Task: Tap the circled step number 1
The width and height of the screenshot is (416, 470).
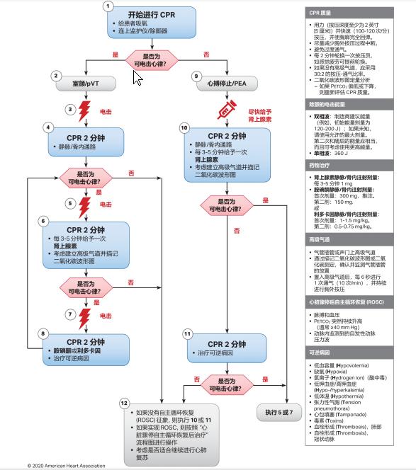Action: [x=108, y=6]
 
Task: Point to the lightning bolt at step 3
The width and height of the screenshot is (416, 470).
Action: [x=85, y=110]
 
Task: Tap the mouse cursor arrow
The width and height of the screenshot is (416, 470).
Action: [x=137, y=77]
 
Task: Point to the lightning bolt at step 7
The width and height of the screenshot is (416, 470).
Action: [x=85, y=315]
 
